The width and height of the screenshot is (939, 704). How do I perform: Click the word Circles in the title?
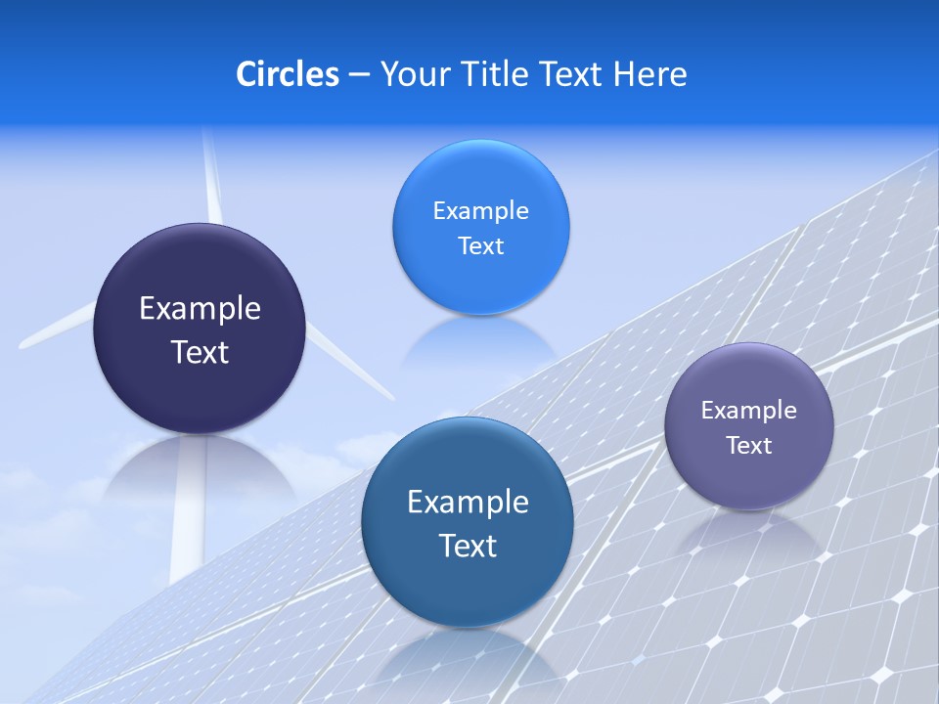[x=287, y=74]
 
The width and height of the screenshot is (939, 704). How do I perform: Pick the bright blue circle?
[x=480, y=284]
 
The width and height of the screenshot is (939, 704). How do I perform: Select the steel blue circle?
[x=468, y=587]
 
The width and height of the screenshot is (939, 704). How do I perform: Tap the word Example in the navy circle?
[x=200, y=309]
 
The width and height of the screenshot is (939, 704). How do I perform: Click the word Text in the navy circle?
[x=200, y=352]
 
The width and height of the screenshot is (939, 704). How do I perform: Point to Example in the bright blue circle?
[x=480, y=211]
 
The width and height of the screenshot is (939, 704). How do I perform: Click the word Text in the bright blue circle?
[x=480, y=246]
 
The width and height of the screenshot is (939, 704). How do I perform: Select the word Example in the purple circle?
[x=748, y=411]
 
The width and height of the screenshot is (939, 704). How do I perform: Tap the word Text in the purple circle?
[x=748, y=446]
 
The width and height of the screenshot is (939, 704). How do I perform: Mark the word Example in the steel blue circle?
[x=468, y=503]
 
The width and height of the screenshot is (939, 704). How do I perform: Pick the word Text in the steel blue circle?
[x=468, y=546]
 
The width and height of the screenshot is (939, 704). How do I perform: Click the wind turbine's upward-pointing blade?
[x=210, y=176]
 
